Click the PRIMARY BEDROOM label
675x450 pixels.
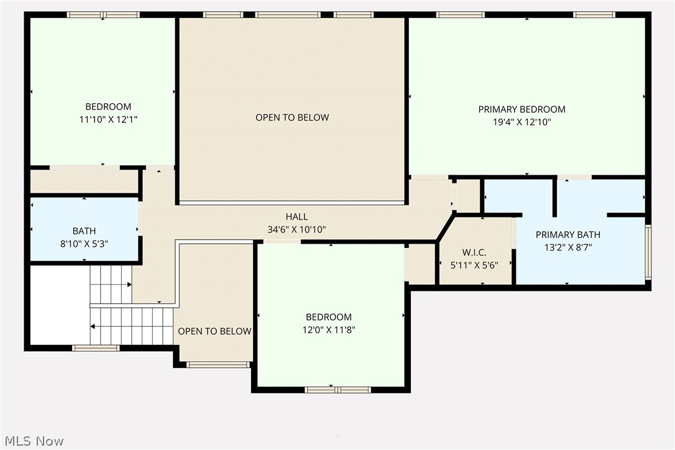521,109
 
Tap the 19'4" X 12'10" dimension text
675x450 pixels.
521,122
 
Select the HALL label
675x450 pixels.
296,217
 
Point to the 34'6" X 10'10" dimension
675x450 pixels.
296,229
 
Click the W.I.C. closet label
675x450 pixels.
474,252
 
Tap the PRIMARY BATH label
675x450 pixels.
568,234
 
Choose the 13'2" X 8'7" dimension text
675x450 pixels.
568,247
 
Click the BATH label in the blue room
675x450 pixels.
84,231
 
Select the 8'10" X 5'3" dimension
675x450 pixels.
84,244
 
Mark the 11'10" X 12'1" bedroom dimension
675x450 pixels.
108,119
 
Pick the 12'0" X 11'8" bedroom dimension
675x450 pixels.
328,330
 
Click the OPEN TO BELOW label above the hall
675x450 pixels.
292,117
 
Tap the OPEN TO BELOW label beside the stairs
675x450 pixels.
214,331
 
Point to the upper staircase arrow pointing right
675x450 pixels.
129,285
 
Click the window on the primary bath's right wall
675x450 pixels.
648,252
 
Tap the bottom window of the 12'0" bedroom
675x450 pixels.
337,390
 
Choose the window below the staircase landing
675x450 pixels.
96,348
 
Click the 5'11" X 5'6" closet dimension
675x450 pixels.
474,265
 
